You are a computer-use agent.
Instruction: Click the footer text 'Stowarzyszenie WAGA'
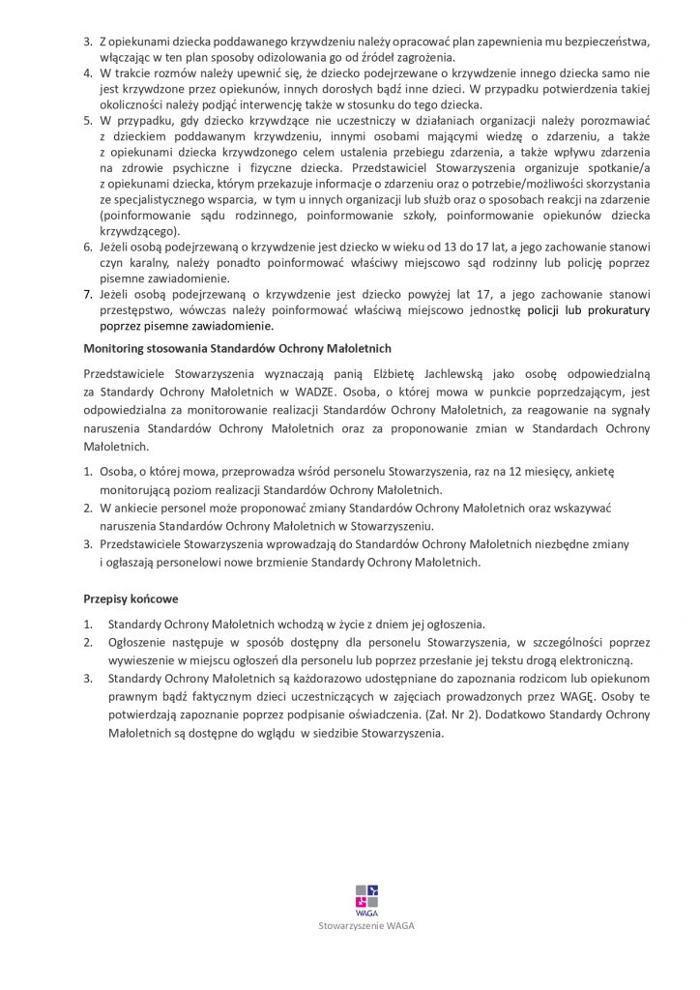click(367, 926)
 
